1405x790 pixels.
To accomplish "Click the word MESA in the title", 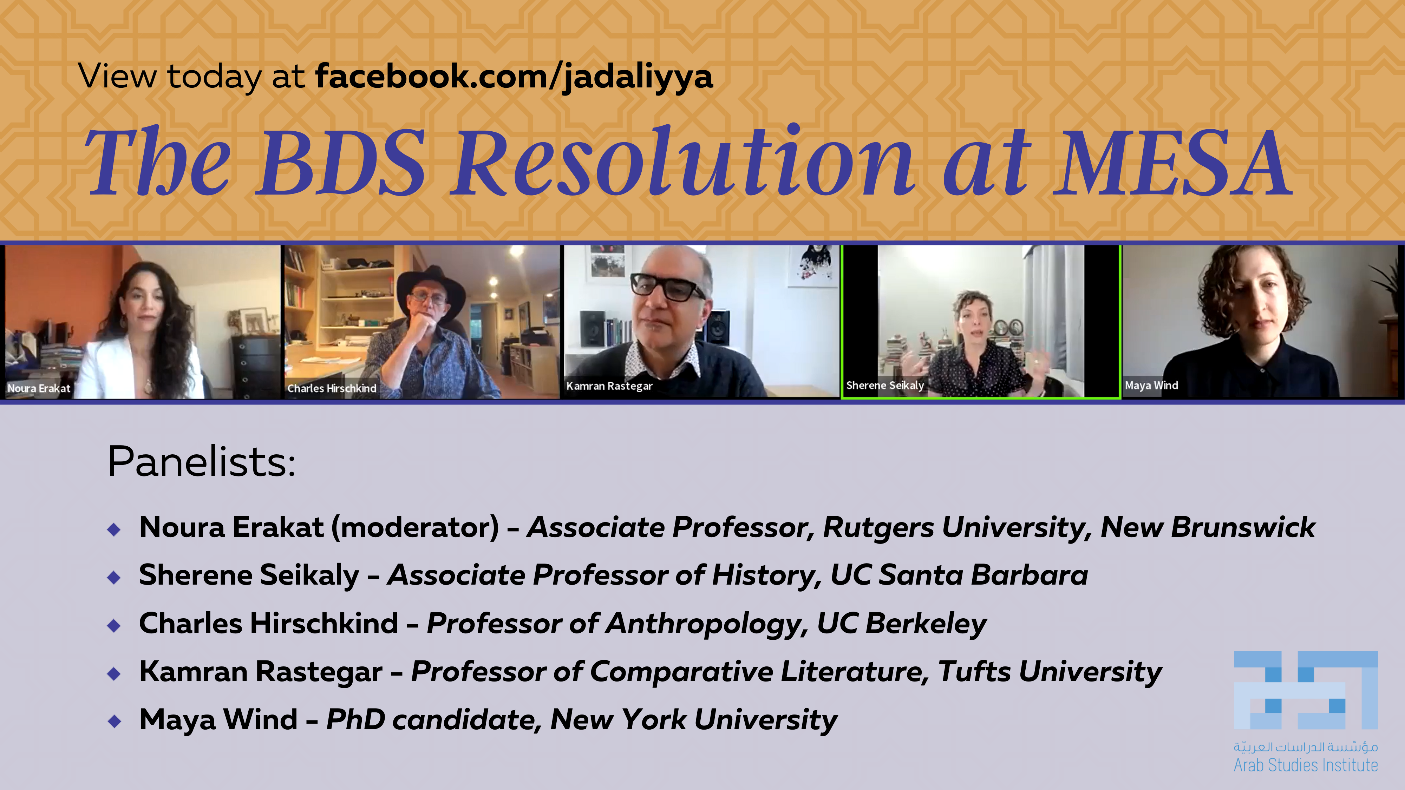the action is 1171,163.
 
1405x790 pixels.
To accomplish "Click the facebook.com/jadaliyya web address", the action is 514,76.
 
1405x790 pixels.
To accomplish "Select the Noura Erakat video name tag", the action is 39,388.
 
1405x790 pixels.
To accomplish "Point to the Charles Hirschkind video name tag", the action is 332,388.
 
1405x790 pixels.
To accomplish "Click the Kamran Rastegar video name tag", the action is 609,386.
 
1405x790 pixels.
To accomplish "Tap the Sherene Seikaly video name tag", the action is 885,386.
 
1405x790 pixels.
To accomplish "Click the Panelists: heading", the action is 202,461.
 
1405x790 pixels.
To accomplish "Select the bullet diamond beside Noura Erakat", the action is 114,529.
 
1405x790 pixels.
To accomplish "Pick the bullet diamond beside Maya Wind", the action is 114,721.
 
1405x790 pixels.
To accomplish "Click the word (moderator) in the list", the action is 415,527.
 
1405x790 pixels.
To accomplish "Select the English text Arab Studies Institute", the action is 1306,765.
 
